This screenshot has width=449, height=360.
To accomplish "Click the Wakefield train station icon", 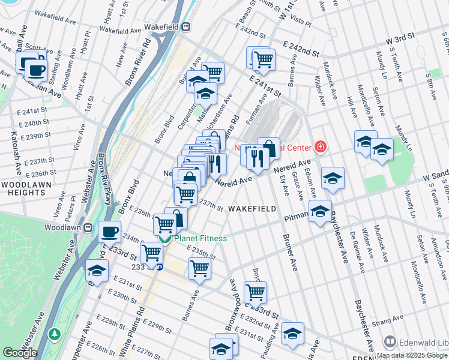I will tap(187, 26).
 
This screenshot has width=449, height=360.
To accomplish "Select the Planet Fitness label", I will tap(200, 239).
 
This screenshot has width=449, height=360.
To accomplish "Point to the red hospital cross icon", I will tap(321, 147).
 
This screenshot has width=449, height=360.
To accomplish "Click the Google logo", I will tap(20, 353).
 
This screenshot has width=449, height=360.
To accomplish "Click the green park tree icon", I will tap(55, 333).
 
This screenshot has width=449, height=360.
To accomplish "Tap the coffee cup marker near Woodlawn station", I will tap(109, 231).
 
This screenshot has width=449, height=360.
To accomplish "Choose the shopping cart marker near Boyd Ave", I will tap(256, 292).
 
